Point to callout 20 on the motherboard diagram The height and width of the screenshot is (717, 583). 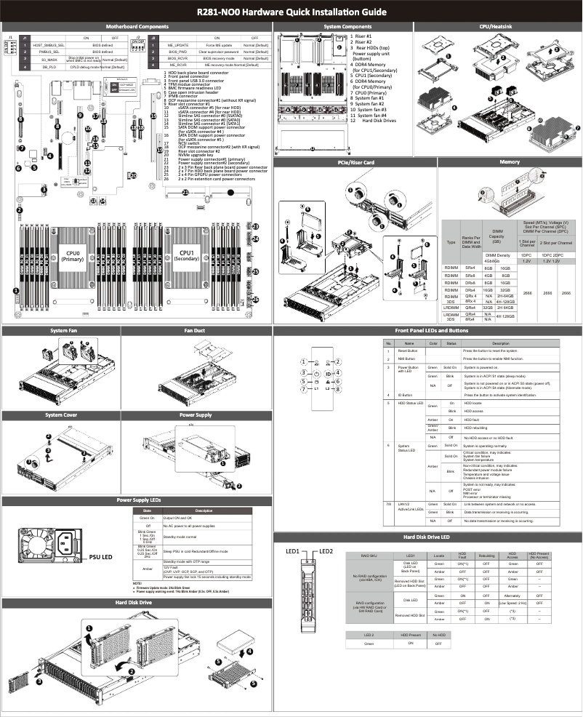pos(133,175)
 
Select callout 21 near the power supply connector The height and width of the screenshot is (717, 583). pos(185,192)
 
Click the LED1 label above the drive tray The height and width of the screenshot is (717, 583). pos(294,550)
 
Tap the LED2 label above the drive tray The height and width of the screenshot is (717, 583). pos(326,550)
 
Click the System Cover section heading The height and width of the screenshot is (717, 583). pos(60,415)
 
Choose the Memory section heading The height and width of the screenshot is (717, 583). pos(499,162)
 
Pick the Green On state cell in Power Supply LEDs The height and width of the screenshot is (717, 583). pos(147,517)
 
